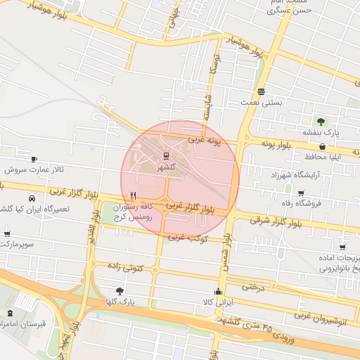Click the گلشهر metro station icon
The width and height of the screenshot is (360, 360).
(166, 155)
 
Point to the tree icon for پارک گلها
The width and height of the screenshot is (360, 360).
(120, 290)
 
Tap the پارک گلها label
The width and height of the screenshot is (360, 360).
(136, 302)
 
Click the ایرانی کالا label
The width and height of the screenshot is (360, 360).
(217, 302)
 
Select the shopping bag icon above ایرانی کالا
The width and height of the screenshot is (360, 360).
(217, 292)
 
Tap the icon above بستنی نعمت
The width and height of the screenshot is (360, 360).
(261, 91)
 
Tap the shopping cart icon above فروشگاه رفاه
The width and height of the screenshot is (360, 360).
(301, 193)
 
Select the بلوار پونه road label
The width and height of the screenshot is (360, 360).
(266, 144)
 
